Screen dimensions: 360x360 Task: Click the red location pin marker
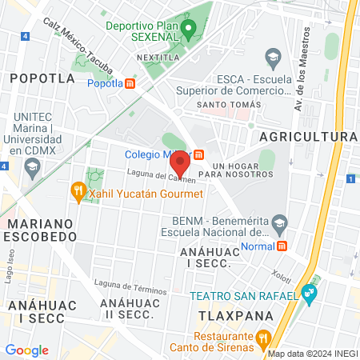[x=180, y=162]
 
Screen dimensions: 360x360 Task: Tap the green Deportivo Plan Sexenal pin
[x=189, y=31]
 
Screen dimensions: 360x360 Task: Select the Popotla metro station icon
[x=130, y=82]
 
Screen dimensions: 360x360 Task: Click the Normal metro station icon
[x=282, y=246]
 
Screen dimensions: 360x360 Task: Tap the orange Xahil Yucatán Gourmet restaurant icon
[x=78, y=190]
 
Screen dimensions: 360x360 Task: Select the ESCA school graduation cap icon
[x=273, y=58]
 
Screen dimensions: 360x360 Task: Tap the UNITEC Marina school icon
[x=33, y=167]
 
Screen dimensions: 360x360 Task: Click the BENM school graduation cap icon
[x=278, y=222]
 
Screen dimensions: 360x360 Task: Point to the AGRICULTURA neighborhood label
[x=308, y=137]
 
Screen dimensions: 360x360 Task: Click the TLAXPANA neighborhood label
[x=235, y=315]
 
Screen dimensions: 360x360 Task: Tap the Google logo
[x=27, y=350]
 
